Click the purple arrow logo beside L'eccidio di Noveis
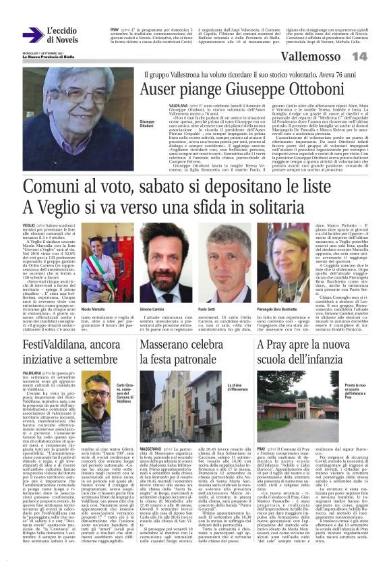click(32, 35)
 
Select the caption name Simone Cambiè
click(152, 289)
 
